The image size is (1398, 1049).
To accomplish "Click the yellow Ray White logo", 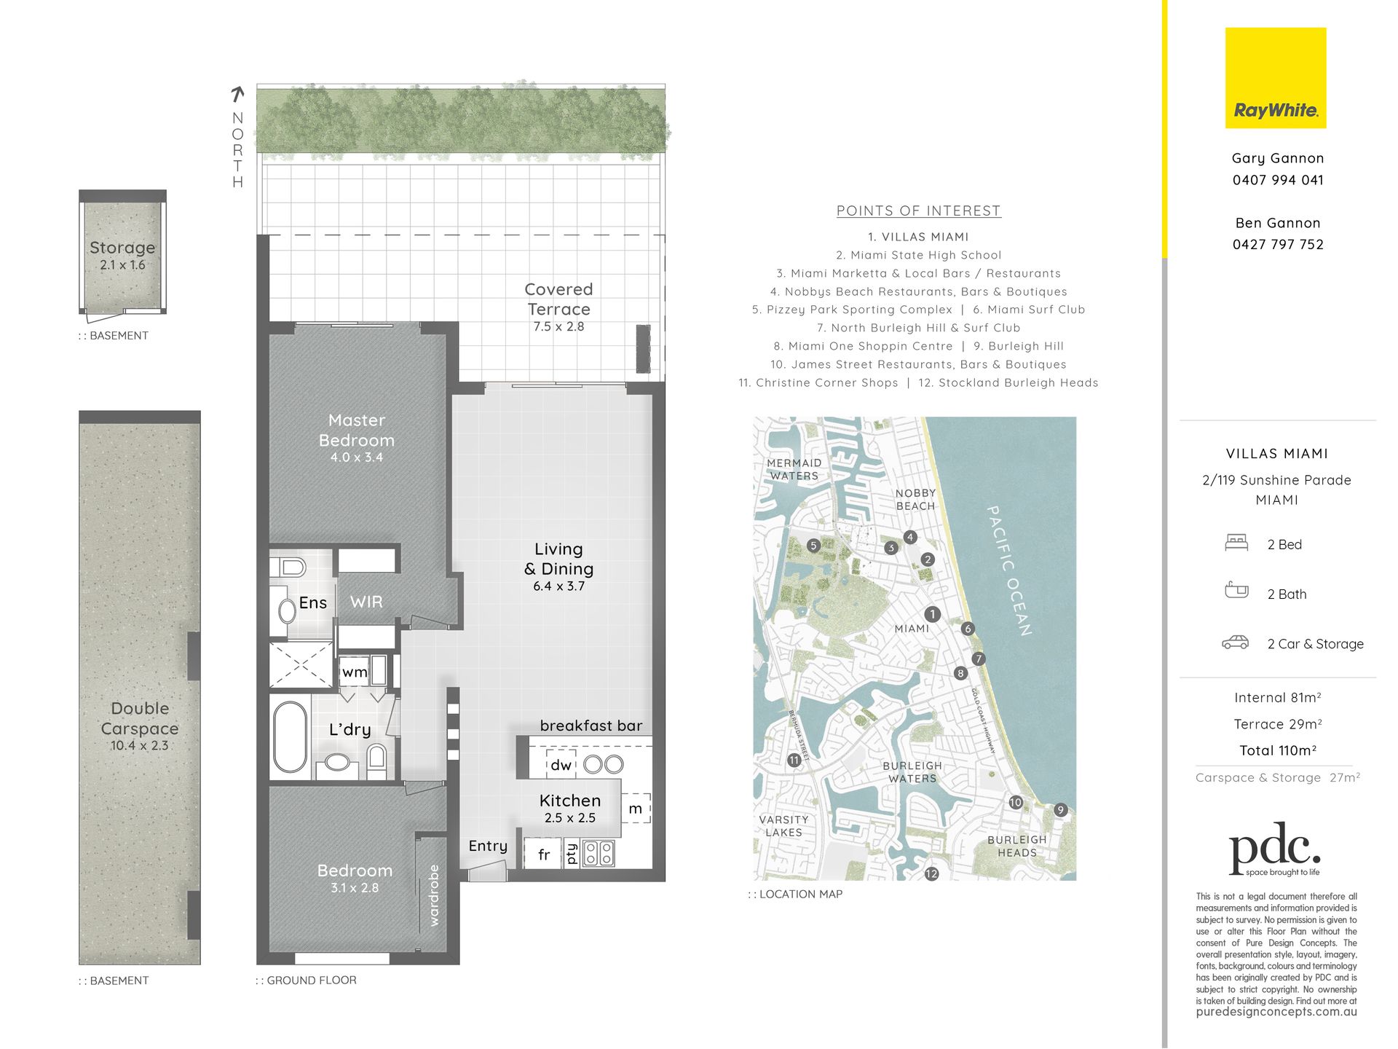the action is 1276,78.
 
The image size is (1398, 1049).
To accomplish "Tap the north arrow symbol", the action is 237,95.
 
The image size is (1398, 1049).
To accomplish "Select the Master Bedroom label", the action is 357,431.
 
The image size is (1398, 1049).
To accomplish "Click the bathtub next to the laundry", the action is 290,736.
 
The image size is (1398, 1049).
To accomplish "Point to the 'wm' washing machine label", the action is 355,672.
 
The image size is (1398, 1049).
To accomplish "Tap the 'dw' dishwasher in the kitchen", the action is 561,765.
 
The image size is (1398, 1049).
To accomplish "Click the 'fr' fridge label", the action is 544,854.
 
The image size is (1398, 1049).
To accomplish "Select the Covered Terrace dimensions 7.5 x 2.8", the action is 558,326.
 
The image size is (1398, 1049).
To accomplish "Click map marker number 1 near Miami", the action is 932,614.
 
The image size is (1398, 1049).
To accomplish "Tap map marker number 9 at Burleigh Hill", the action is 1060,810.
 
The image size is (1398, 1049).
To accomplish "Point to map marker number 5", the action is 814,546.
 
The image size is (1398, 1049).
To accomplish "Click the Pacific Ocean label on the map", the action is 1008,570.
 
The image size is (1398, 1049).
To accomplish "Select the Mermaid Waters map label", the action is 794,469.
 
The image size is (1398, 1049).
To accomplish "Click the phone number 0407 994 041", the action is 1278,180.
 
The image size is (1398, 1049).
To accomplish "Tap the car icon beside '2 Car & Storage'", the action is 1235,643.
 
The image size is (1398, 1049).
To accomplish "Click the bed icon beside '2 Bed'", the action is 1236,543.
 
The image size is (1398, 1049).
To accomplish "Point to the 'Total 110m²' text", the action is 1278,750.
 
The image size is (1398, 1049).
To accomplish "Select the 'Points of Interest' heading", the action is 918,211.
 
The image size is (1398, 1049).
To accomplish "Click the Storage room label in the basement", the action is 122,248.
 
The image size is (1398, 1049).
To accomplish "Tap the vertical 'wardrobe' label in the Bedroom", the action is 435,895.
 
